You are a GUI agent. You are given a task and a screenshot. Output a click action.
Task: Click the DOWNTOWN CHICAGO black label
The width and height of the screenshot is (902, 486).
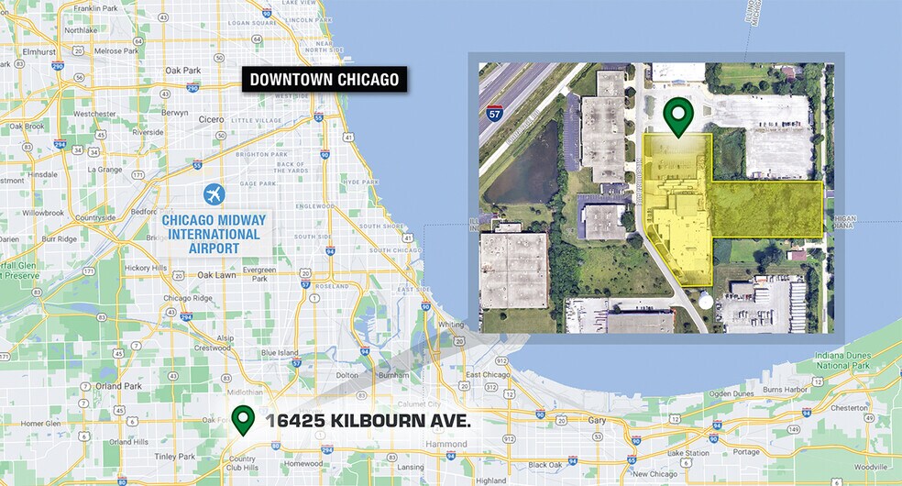click(x=326, y=80)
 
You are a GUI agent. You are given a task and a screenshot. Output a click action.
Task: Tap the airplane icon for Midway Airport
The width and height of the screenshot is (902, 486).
click(x=214, y=195)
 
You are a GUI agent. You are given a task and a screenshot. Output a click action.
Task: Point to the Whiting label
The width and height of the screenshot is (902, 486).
click(x=452, y=325)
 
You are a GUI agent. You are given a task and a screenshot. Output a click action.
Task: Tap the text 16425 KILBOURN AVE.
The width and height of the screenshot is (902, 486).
click(x=368, y=421)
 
